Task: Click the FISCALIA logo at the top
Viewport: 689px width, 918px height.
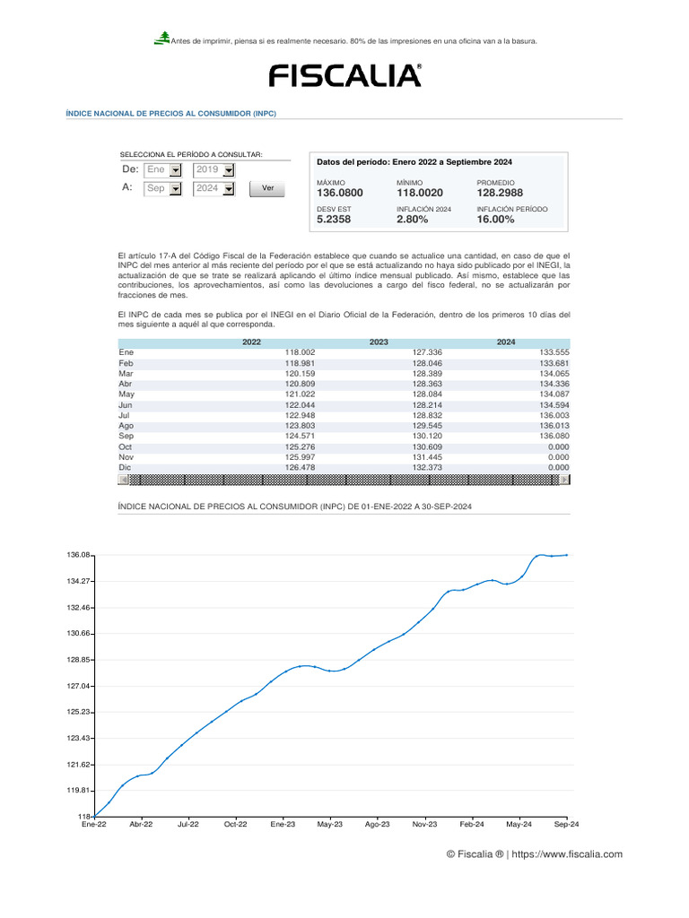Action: click(x=345, y=75)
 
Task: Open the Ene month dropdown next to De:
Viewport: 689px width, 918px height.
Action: click(x=176, y=169)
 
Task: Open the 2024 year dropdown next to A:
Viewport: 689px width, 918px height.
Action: click(x=229, y=189)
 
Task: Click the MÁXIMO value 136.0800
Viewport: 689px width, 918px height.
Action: click(x=340, y=193)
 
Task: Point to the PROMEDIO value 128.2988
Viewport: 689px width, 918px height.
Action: click(x=500, y=193)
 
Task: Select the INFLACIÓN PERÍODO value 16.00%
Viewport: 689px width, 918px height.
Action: click(x=495, y=220)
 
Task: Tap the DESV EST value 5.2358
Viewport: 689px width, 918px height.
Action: click(x=334, y=220)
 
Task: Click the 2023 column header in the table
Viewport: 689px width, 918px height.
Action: click(x=379, y=342)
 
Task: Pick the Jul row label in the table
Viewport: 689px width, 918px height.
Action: click(x=125, y=415)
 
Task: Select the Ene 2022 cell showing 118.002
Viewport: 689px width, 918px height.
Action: click(x=300, y=352)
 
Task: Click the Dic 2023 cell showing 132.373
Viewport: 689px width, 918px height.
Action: click(x=427, y=467)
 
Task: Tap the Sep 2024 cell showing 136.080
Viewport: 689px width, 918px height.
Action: click(x=553, y=436)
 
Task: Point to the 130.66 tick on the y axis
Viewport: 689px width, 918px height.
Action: click(x=79, y=634)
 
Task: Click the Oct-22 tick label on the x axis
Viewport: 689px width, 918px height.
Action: click(x=235, y=824)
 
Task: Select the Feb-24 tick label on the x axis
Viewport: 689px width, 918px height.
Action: click(x=472, y=824)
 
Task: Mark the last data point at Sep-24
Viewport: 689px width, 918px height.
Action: click(x=567, y=555)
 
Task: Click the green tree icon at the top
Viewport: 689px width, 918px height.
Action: click(x=162, y=38)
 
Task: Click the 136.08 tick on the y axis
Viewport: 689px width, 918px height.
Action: click(x=79, y=555)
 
